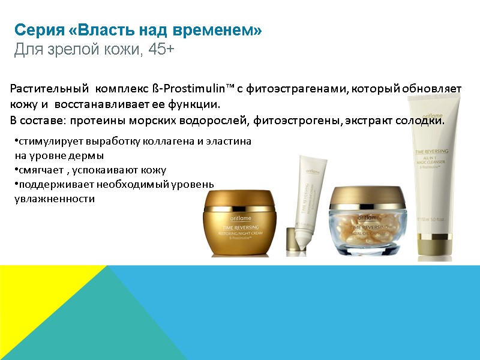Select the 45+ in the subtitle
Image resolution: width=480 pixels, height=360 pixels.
[161, 50]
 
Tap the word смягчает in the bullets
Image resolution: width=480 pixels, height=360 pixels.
[40, 170]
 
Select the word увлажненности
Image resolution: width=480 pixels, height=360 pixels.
[54, 199]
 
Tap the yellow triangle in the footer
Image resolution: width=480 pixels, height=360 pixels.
[36, 300]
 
